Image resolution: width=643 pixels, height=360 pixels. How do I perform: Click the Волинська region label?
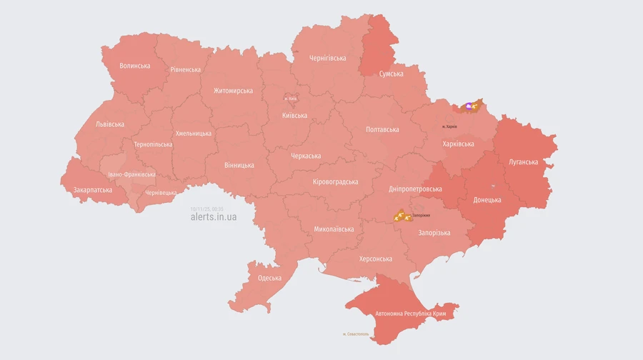(135, 66)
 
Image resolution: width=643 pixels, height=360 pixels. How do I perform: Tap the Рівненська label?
(185, 69)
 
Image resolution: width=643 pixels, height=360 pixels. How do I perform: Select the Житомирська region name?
(233, 91)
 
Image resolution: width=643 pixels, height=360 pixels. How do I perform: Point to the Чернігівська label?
(328, 58)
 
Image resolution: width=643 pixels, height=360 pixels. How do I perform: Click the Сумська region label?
(391, 74)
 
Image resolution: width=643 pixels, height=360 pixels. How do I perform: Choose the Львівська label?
(109, 124)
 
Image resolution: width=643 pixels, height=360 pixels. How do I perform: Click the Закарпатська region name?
(93, 190)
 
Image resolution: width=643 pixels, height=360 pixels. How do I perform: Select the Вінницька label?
(239, 165)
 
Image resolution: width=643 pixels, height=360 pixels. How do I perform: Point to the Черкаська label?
(306, 156)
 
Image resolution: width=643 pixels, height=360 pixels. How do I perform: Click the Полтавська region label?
(382, 129)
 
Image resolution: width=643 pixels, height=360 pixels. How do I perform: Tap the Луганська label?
(523, 161)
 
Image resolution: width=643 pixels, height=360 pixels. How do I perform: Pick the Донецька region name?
(487, 200)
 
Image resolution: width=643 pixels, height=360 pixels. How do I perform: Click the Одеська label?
(269, 278)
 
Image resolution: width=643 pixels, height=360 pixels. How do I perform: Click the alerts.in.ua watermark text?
(214, 217)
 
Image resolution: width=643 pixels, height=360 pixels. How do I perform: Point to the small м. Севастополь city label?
(355, 334)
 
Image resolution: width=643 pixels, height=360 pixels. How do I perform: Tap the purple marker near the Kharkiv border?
(469, 106)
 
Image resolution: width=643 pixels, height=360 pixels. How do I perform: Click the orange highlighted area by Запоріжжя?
(401, 215)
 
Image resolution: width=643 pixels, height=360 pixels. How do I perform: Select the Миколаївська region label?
(334, 229)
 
